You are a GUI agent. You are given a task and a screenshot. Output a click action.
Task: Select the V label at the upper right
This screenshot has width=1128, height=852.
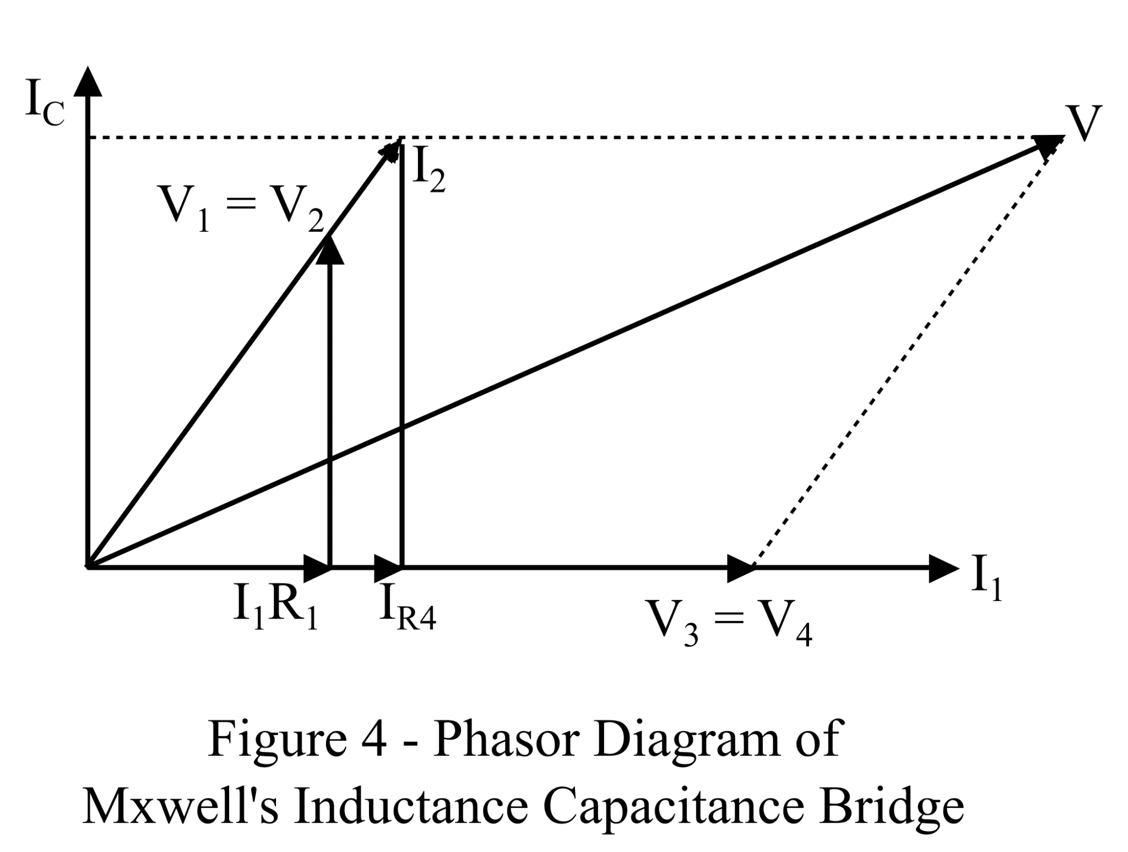(1083, 124)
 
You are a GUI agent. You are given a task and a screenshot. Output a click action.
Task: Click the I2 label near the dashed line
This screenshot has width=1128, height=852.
(429, 171)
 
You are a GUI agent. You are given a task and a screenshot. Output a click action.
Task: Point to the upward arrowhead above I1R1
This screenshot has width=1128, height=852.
(330, 250)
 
